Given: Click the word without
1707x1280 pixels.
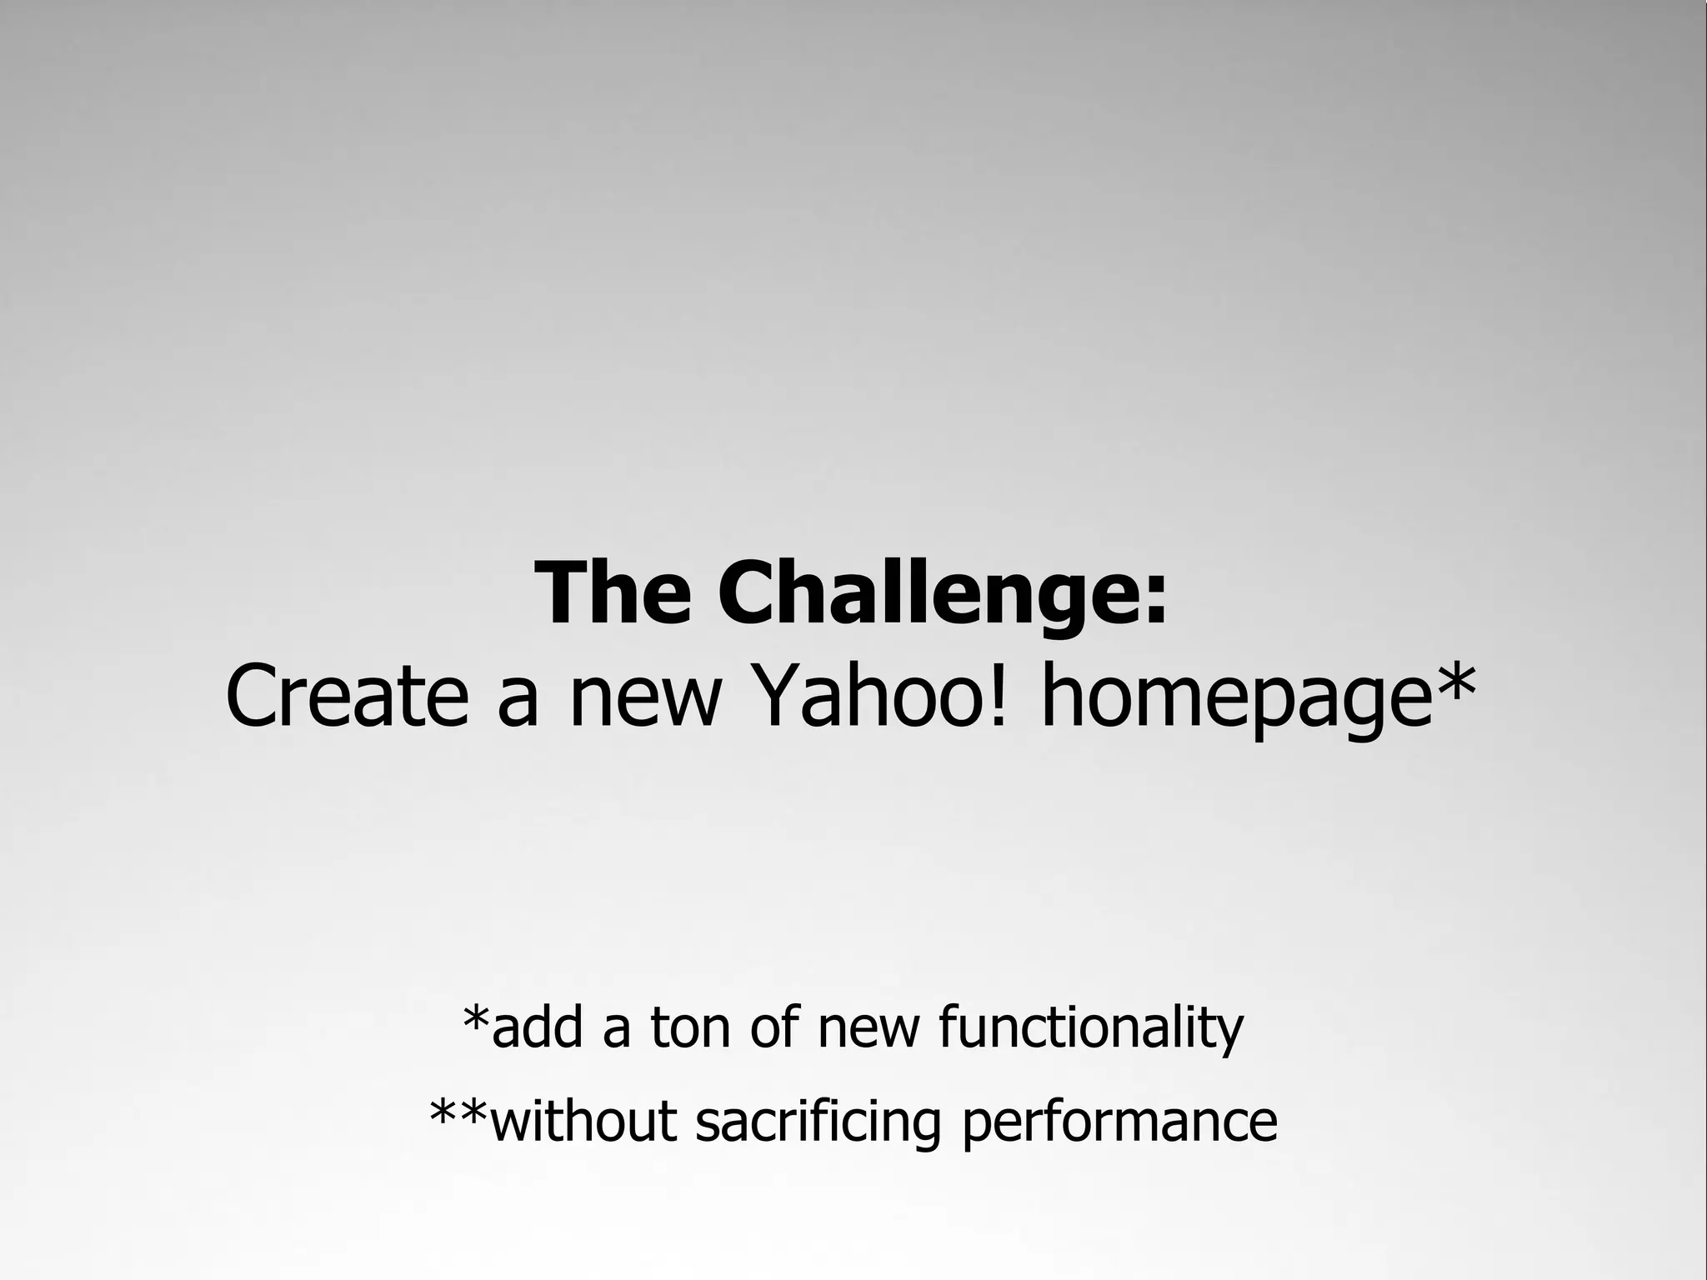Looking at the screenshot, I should pos(583,1122).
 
